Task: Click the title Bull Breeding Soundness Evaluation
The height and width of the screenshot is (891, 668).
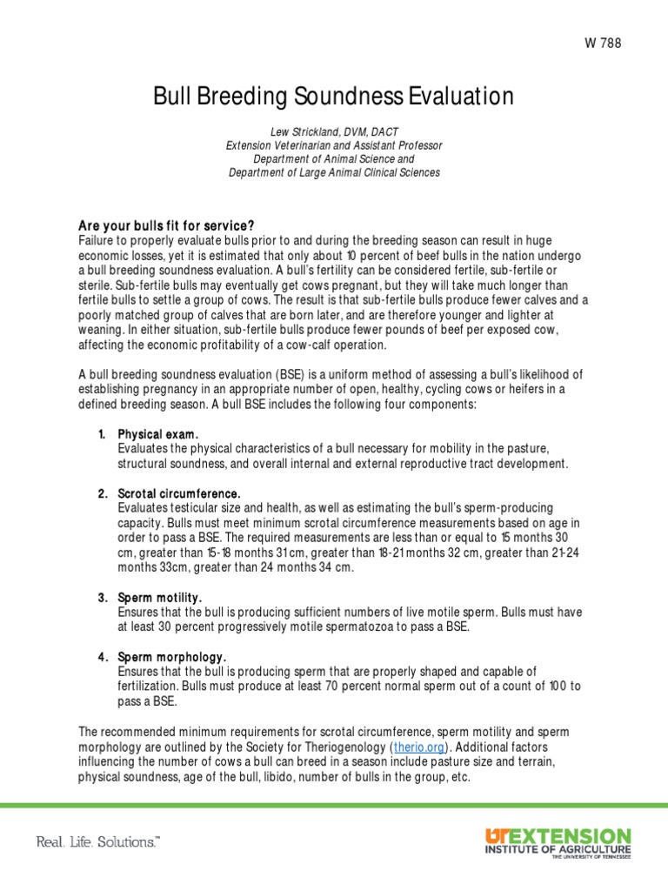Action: tap(334, 97)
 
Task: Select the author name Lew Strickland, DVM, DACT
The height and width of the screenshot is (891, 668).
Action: tap(334, 131)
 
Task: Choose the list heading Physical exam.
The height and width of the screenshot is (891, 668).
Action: tap(158, 433)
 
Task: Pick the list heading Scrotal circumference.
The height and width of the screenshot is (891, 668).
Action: tap(178, 493)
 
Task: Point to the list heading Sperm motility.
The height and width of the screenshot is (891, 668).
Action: tap(160, 598)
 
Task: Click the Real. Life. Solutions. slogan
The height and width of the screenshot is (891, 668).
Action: tap(97, 841)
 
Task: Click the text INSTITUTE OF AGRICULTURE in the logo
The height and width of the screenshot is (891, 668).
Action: tap(558, 848)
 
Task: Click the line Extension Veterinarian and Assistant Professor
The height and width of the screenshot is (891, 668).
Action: tap(334, 144)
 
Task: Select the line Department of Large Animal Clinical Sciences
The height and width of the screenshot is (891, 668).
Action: tap(334, 172)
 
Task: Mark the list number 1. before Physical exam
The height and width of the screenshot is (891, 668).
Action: tap(102, 433)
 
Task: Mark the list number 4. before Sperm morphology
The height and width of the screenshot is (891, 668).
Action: tap(102, 657)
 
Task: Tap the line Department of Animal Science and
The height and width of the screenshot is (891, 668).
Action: tap(334, 158)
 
